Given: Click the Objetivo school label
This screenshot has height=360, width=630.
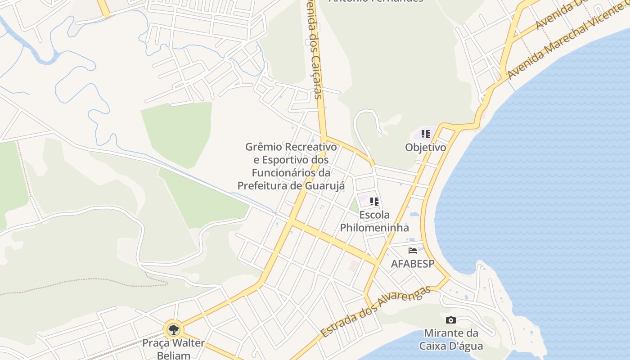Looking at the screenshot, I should pyautogui.click(x=425, y=148).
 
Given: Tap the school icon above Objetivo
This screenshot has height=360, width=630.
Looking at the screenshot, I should pyautogui.click(x=426, y=134).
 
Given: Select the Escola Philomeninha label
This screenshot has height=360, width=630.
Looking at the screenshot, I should pyautogui.click(x=374, y=221).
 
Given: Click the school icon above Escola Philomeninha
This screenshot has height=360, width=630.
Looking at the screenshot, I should pyautogui.click(x=374, y=201).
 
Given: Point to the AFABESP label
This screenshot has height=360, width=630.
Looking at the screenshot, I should pyautogui.click(x=413, y=264).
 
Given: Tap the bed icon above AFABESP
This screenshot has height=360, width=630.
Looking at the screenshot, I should pyautogui.click(x=413, y=251).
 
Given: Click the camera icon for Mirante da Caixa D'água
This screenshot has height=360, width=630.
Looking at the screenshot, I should pyautogui.click(x=450, y=320).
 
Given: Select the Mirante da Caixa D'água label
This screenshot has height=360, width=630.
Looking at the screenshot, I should pyautogui.click(x=451, y=339).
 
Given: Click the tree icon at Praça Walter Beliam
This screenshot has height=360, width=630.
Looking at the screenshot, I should pyautogui.click(x=173, y=330).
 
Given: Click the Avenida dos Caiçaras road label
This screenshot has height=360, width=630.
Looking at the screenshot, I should pyautogui.click(x=313, y=49).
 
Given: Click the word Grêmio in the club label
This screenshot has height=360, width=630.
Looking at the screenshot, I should pyautogui.click(x=264, y=147).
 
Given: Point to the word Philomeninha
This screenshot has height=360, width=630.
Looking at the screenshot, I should pyautogui.click(x=374, y=227).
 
